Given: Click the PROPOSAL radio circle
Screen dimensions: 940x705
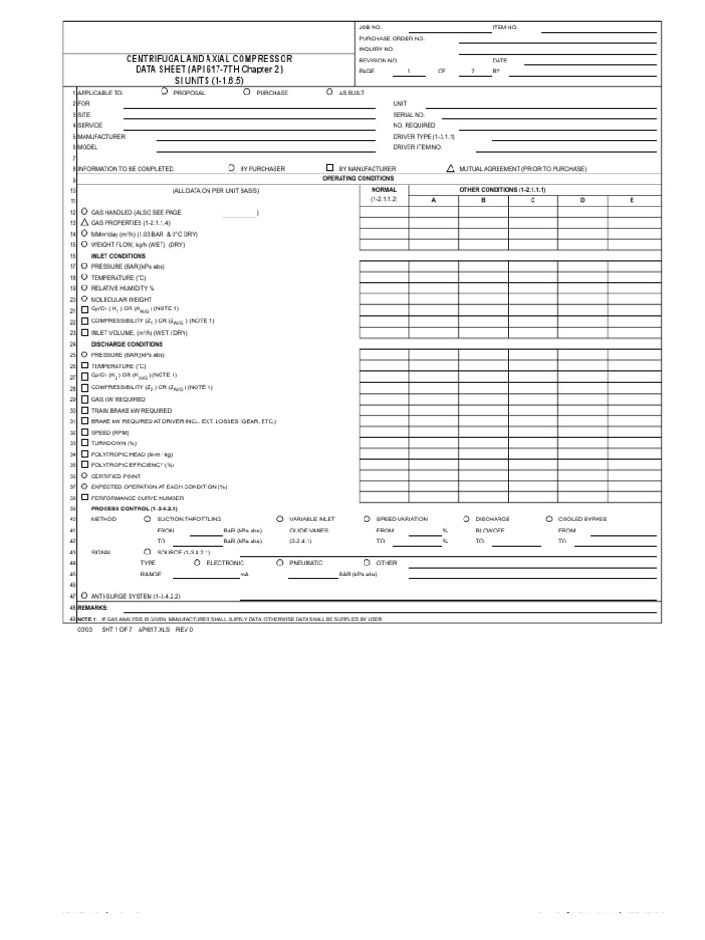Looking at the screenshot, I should tap(163, 92).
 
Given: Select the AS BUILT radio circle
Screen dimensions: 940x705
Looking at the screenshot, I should tap(330, 92).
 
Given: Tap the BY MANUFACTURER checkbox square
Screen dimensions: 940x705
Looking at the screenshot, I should tap(330, 168).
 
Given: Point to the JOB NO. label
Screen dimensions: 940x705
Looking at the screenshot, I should tap(370, 28).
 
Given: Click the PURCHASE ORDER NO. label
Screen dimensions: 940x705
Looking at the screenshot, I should tap(392, 39).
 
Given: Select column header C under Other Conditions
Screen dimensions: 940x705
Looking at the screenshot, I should tap(532, 199).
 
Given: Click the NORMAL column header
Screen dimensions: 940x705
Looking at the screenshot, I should tap(384, 188).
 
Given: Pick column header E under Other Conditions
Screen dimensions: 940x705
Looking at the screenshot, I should tap(632, 199).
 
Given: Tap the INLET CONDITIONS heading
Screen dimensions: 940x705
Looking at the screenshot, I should tap(117, 256).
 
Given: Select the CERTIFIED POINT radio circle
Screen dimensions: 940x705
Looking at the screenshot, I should tap(84, 476).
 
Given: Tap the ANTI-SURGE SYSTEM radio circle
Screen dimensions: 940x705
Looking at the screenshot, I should tap(84, 595).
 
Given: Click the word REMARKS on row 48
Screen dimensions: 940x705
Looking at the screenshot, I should tap(93, 607).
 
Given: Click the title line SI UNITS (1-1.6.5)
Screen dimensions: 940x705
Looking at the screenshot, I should tap(209, 81).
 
